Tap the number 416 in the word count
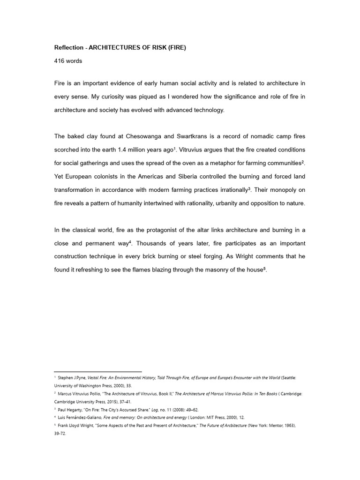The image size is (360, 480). tap(60, 62)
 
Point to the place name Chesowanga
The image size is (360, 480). tap(149, 136)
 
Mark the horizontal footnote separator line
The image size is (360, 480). tap(98, 372)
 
